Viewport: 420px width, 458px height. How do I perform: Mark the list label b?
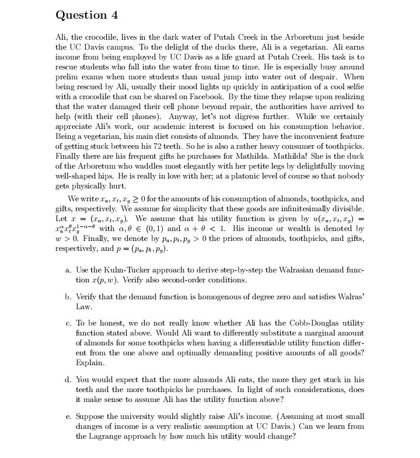[68, 296]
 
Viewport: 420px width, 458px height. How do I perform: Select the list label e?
[68, 417]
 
